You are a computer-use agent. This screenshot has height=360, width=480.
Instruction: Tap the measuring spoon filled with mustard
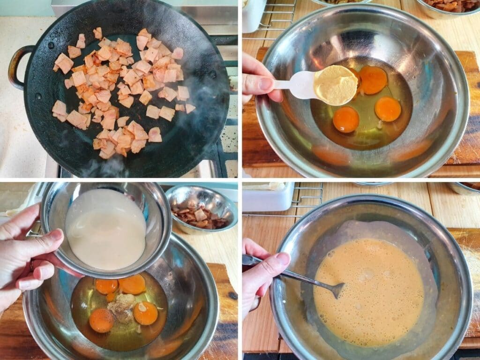tap(335, 85)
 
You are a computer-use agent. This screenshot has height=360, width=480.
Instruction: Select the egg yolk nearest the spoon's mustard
tap(373, 79)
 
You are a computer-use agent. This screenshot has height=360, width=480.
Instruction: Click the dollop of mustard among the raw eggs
tap(121, 307)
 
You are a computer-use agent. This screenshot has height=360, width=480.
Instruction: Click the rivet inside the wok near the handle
tap(51, 45)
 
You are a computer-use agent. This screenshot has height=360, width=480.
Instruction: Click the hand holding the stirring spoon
tap(262, 277)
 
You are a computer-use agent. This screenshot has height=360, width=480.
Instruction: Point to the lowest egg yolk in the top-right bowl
tap(346, 119)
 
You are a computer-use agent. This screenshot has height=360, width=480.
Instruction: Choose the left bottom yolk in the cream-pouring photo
tap(101, 320)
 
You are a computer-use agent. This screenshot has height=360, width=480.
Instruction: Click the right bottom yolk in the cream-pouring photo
tap(145, 313)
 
